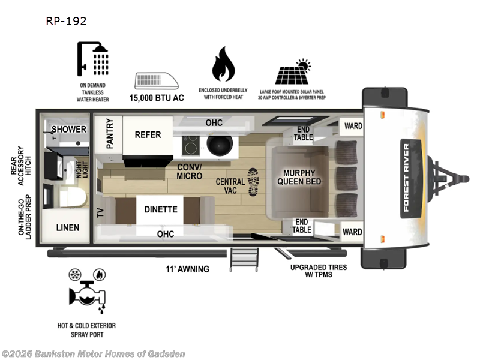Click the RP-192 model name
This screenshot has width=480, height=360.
click(66, 21)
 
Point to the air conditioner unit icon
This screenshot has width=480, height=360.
click(157, 81)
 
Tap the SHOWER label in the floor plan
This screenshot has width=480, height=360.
click(68, 130)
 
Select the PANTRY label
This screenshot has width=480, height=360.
click(110, 133)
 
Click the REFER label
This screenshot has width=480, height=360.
click(148, 134)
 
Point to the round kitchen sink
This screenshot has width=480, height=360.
click(215, 144)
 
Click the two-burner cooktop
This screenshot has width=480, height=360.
click(191, 144)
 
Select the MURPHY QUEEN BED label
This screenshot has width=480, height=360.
click(298, 177)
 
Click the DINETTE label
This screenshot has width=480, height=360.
click(160, 209)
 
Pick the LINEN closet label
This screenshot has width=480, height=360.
click(68, 228)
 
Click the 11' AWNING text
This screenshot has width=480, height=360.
click(188, 269)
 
